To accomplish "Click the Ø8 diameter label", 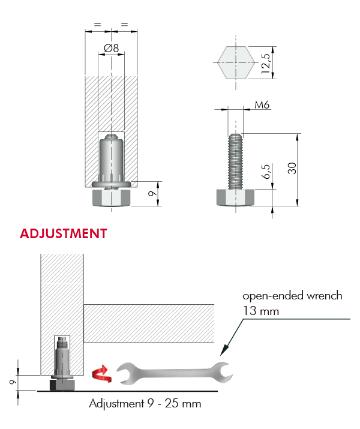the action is tap(112, 48).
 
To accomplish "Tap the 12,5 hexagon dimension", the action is tap(266, 64).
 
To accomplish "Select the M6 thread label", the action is tap(262, 104).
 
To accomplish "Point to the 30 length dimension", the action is tap(292, 168).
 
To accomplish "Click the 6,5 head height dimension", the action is tap(266, 172).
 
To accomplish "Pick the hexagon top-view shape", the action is tap(236, 62).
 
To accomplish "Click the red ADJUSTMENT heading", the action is tap(63, 233).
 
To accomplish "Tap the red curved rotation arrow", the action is tap(101, 374).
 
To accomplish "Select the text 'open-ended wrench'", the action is tap(292, 296).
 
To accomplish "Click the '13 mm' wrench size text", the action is tap(261, 311).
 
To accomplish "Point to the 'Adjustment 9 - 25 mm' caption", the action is tap(145, 404).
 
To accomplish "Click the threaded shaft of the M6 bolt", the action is tap(235, 161).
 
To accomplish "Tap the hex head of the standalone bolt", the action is tap(236, 197).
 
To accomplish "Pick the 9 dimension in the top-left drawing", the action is tap(152, 193).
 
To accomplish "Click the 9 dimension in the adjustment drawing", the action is tap(13, 382).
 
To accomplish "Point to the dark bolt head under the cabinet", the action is tap(62, 385).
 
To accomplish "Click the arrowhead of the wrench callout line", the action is tap(223, 351).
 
